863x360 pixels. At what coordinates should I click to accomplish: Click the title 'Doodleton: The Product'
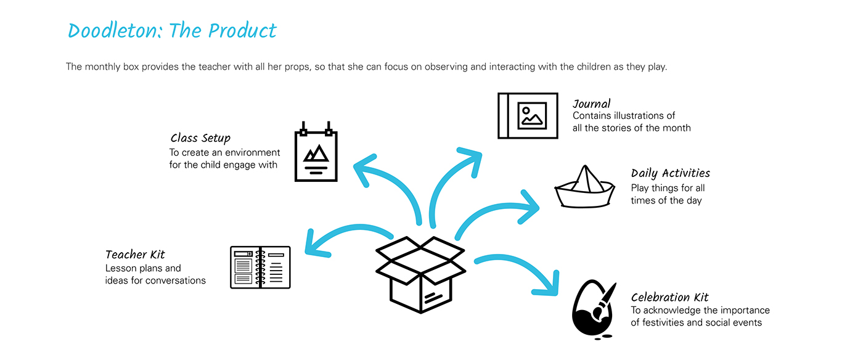(172, 31)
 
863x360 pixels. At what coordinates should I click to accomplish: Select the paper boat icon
(584, 187)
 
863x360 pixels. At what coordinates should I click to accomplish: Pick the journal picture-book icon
(528, 115)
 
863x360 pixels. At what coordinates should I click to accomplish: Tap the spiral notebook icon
(260, 267)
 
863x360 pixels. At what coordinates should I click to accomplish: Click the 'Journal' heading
(591, 104)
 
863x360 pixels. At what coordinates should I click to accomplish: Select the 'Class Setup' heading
(201, 138)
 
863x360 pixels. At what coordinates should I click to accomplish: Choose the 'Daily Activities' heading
(670, 173)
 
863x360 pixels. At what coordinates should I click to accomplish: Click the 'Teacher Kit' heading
(135, 255)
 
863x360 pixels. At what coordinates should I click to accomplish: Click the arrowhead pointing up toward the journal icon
(472, 159)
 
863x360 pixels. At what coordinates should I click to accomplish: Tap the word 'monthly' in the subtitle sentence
(102, 67)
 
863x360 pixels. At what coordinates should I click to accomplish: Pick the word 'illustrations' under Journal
(639, 116)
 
